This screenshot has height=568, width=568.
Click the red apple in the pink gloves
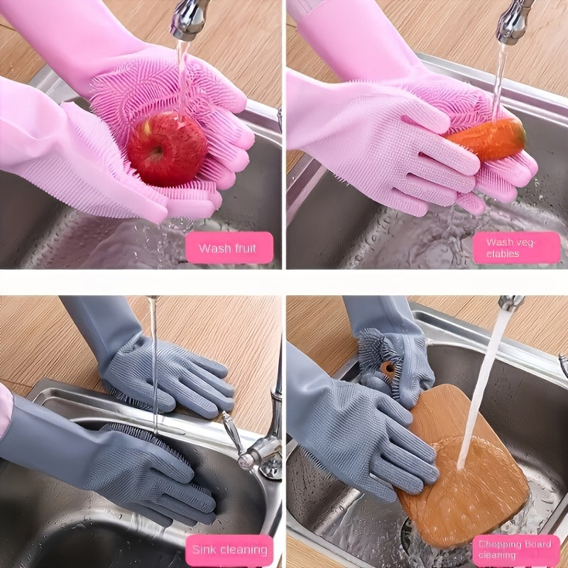tap(168, 148)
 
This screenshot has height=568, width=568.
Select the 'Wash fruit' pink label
tap(227, 248)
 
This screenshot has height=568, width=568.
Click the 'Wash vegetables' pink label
tap(517, 248)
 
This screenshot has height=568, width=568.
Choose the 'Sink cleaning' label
tap(229, 549)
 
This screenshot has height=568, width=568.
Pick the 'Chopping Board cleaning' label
tap(516, 550)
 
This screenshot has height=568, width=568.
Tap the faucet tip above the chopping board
tap(510, 303)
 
